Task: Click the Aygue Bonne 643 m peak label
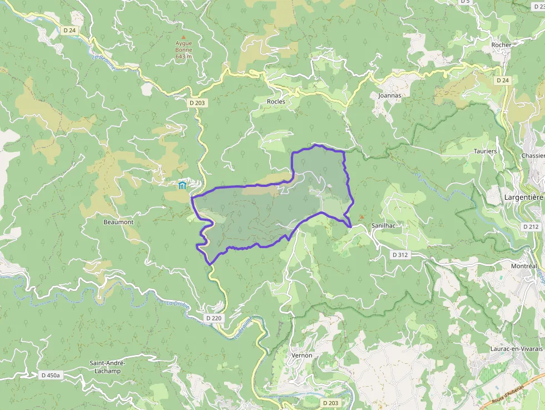[184, 50]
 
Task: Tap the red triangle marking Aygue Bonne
[184, 37]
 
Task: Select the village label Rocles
[276, 101]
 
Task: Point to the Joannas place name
[389, 95]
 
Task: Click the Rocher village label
[501, 45]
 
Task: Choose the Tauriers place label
[485, 151]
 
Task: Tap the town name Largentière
[523, 196]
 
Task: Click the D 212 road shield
[531, 226]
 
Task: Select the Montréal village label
[524, 266]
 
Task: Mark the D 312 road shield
[400, 254]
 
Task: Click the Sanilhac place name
[383, 226]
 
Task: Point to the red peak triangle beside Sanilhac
[361, 217]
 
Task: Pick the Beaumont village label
[118, 222]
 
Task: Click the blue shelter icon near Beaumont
[182, 185]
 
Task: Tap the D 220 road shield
[214, 318]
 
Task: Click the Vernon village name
[301, 355]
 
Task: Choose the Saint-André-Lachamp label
[108, 367]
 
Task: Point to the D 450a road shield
[50, 376]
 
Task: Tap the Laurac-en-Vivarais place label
[516, 348]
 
